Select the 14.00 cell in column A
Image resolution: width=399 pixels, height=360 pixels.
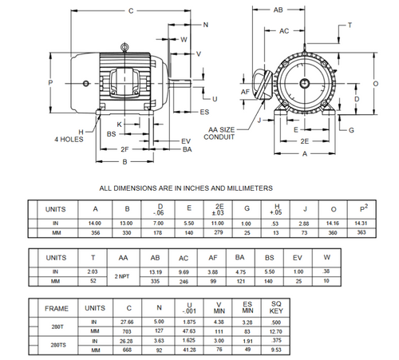95,224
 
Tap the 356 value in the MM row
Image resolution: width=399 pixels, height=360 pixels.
95,233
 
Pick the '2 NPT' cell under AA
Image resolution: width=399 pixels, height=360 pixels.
122,275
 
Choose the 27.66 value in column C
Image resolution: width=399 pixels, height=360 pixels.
128,320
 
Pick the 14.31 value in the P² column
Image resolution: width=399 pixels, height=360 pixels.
361,224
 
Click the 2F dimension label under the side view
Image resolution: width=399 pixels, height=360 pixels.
124,149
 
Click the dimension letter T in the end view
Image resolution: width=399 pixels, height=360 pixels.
349,26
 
